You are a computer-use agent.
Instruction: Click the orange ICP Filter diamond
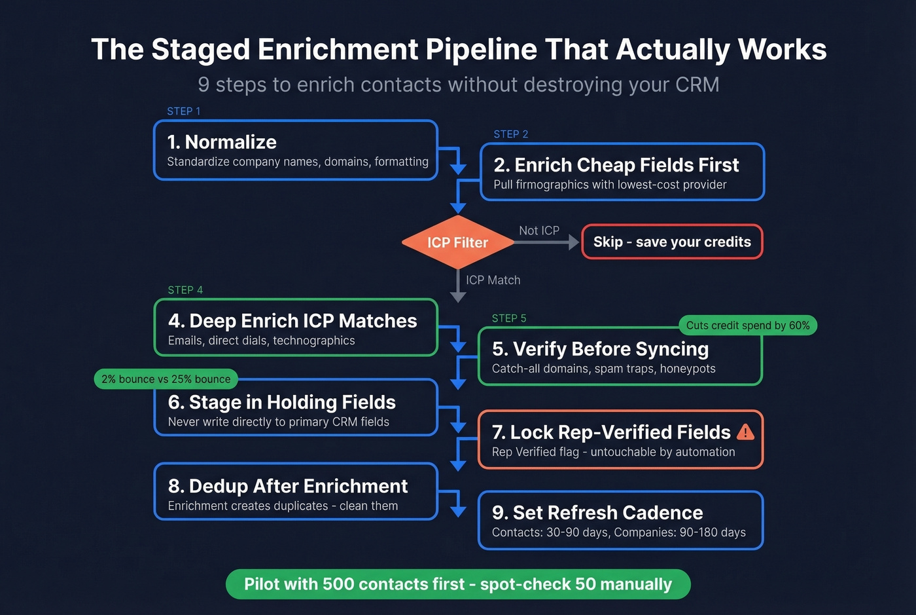[457, 242]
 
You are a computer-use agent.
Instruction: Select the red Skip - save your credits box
[672, 242]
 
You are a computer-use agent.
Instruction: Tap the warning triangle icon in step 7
[745, 432]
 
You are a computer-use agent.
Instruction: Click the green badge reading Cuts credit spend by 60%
[747, 326]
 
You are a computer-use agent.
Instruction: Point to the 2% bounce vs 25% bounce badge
[166, 379]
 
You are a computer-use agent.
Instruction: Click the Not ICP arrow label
[538, 231]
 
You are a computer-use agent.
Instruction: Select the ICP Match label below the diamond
[493, 280]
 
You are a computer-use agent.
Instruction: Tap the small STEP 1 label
[183, 111]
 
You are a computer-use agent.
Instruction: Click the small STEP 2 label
[510, 134]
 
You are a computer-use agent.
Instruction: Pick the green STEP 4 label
[185, 290]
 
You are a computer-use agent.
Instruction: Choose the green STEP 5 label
[508, 318]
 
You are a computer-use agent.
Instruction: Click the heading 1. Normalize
[222, 142]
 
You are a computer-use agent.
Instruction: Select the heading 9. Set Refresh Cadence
[597, 512]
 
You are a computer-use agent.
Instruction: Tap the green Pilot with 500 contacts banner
[458, 584]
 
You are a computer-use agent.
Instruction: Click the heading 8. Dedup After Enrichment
[288, 486]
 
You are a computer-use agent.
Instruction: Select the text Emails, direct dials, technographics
[261, 341]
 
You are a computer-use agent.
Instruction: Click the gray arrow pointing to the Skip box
[546, 242]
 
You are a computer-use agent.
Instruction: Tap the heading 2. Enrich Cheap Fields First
[616, 165]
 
